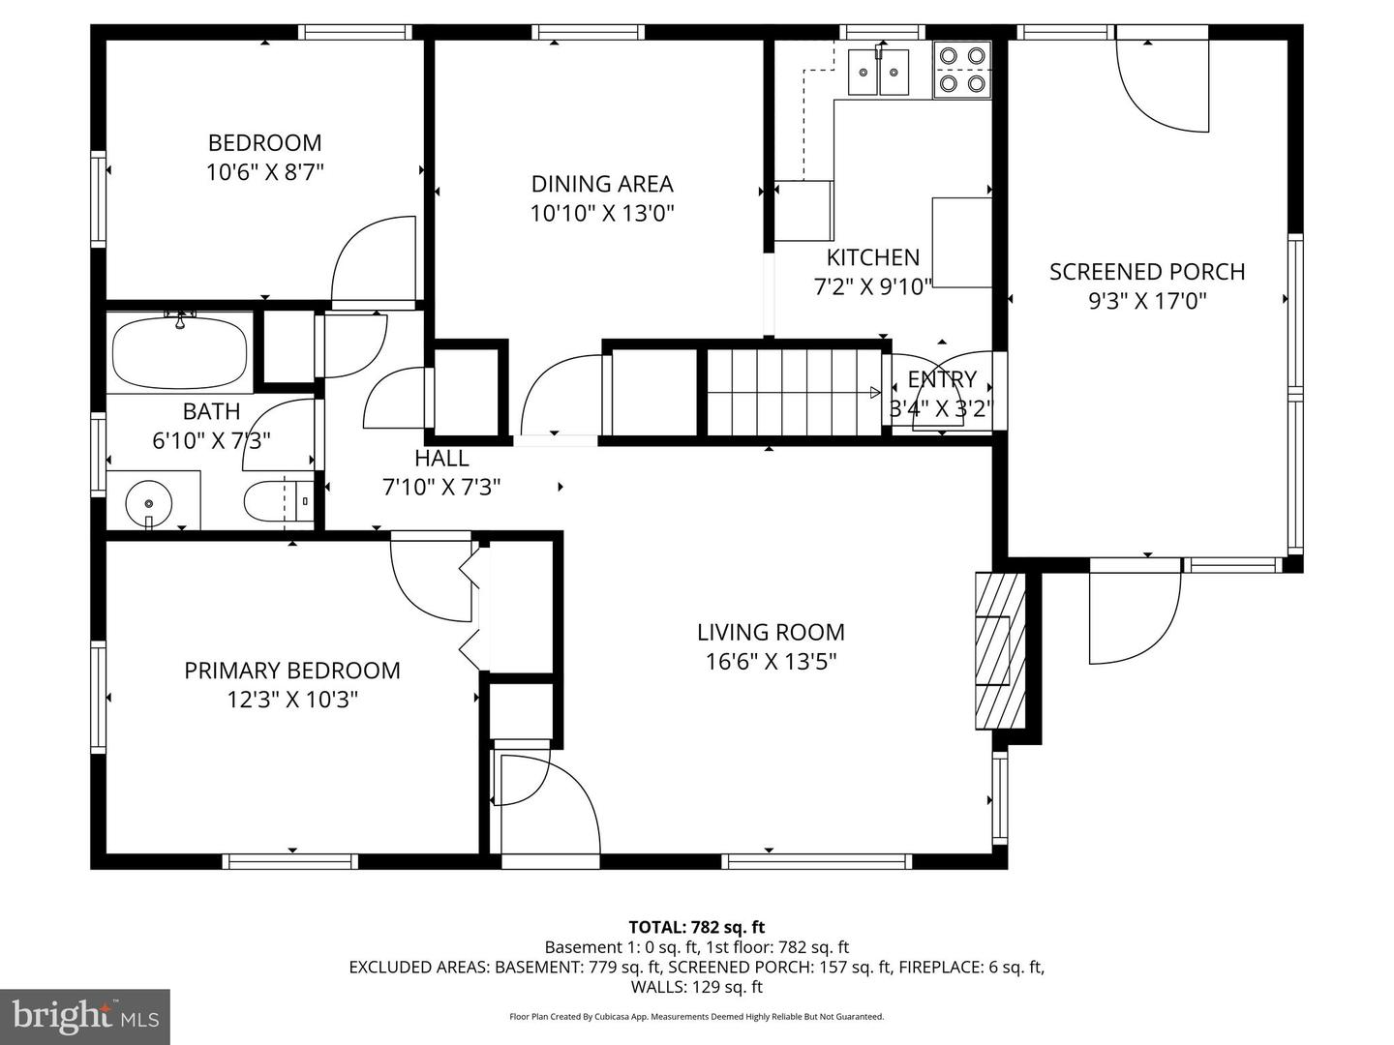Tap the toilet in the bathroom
coord(278,501)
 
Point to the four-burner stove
coord(962,70)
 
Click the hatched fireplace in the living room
coord(998,649)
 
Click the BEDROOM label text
coord(264,143)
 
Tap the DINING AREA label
coord(601,184)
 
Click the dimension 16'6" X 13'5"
coord(771,662)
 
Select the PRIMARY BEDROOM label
coord(292,671)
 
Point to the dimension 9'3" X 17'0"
coord(1147,301)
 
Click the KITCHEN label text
coord(872,257)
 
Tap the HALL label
coord(441,459)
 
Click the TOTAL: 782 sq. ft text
coord(696,927)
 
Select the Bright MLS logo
coord(85,1016)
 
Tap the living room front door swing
coord(547,798)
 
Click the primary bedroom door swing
coord(431,579)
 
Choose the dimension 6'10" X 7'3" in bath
coord(211,441)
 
